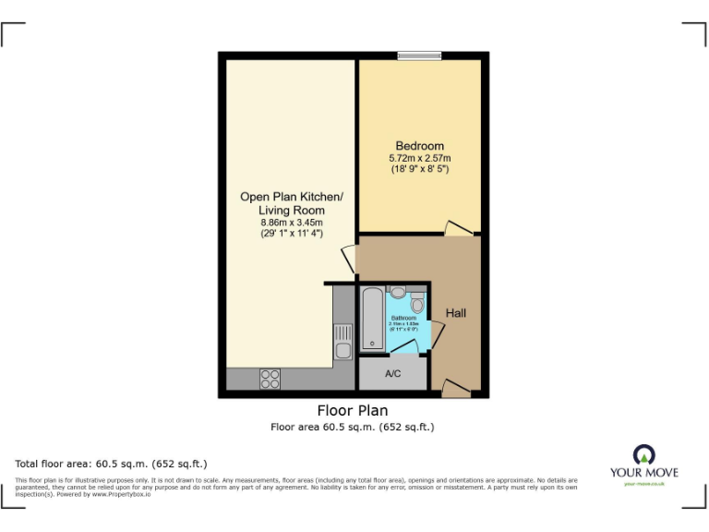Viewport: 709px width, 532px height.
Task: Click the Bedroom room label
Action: click(419, 146)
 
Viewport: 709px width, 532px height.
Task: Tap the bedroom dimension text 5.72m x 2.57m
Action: click(419, 158)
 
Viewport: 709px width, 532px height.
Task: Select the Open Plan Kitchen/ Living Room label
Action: click(291, 203)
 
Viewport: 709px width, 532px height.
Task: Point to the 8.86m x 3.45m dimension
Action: click(291, 223)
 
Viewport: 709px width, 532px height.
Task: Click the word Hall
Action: click(456, 313)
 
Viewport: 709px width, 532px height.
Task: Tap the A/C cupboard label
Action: click(392, 374)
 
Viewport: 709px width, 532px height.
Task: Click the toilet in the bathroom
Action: click(416, 303)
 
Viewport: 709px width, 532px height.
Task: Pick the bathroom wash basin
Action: click(398, 292)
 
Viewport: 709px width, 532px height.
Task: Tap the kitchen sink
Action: click(342, 343)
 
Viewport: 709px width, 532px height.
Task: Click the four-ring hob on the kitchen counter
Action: click(270, 378)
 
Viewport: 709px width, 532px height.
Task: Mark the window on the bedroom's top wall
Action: click(419, 56)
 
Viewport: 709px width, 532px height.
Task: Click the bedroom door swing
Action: click(457, 227)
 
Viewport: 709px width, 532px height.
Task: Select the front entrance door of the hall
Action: click(455, 388)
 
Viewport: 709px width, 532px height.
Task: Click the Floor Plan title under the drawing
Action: click(352, 411)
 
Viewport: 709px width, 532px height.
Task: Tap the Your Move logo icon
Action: click(643, 454)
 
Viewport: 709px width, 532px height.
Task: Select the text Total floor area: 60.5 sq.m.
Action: click(112, 463)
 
